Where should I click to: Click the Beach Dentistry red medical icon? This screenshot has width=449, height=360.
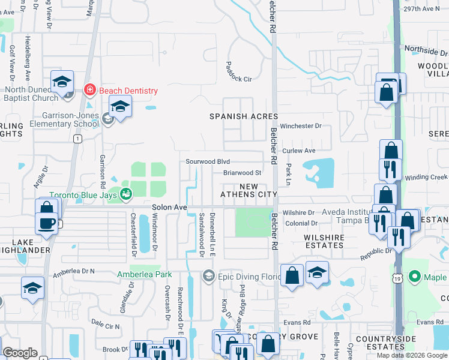tap(90, 91)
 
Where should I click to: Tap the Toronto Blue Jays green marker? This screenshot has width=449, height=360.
tap(126, 194)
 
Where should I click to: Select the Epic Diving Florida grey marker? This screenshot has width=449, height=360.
tap(209, 276)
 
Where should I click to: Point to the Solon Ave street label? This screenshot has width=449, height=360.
tap(170, 207)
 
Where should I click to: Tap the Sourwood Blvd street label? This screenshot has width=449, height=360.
tap(208, 161)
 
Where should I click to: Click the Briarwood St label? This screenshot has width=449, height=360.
tap(242, 173)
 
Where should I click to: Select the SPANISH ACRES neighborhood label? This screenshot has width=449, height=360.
tap(243, 116)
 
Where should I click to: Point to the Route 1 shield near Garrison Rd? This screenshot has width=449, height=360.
tap(77, 139)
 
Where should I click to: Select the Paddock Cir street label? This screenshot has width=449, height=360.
tap(238, 71)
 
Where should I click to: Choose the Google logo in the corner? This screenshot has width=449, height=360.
tap(20, 353)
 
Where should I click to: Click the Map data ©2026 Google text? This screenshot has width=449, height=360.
tap(412, 355)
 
